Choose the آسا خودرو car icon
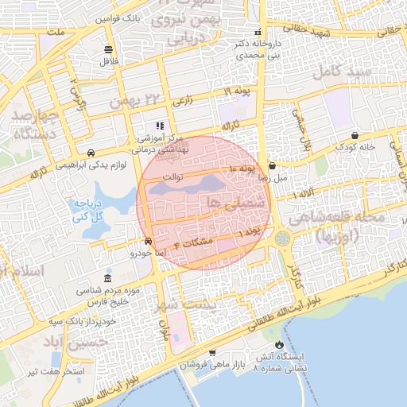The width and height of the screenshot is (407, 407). tap(149, 242)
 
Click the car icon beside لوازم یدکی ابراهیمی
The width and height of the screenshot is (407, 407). tap(91, 153)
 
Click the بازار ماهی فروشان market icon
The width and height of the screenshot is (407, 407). tap(212, 352)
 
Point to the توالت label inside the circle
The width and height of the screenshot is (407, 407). tap(172, 176)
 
